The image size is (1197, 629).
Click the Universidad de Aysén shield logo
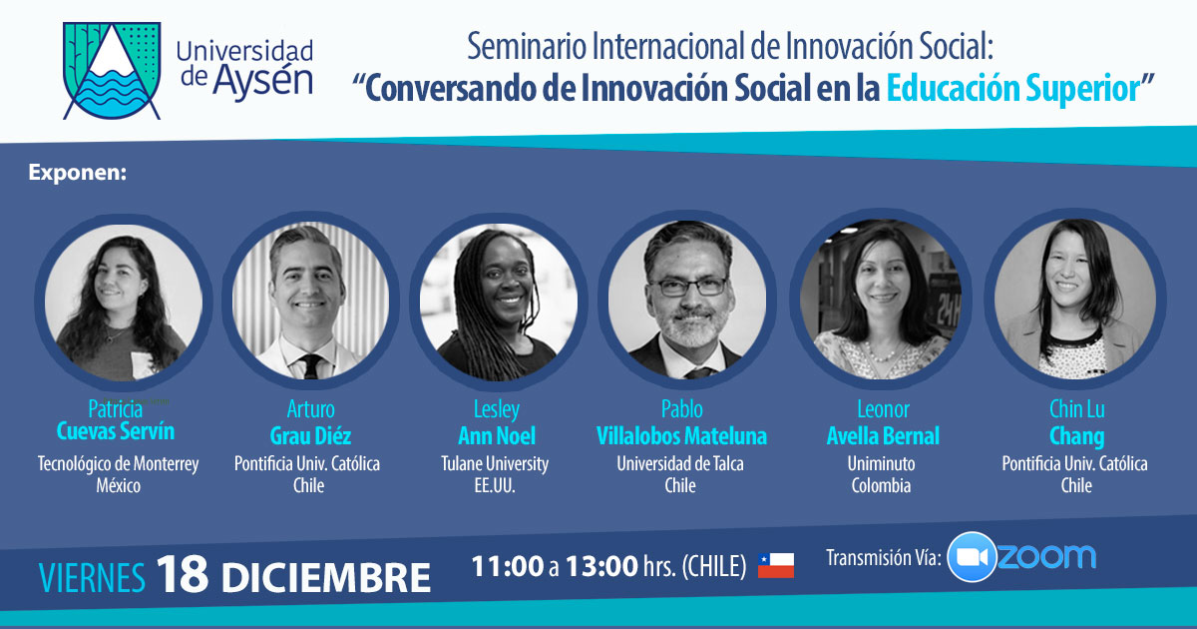[112, 71]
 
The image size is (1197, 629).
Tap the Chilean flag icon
[776, 566]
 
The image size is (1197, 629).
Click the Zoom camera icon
[972, 557]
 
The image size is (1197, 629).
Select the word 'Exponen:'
[78, 173]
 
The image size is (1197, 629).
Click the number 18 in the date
[183, 574]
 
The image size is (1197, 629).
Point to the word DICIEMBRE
[326, 578]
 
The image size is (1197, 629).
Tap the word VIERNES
[92, 578]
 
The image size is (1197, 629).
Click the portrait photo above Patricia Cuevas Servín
[124, 303]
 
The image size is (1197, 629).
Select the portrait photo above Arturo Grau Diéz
[311, 301]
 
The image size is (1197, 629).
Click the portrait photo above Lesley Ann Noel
[499, 302]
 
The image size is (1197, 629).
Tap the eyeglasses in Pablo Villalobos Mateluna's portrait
[689, 287]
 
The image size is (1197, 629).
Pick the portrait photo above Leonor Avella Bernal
[881, 299]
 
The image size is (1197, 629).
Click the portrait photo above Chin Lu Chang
[1075, 299]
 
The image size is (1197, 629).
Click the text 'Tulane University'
[495, 463]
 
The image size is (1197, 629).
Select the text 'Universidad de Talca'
[680, 463]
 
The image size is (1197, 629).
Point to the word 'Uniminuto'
[881, 463]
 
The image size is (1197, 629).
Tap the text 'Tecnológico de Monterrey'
[118, 463]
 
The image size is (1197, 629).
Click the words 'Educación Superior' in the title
[1013, 89]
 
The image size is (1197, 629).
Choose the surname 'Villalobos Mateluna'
[681, 436]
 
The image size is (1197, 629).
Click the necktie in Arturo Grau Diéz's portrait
[311, 365]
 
